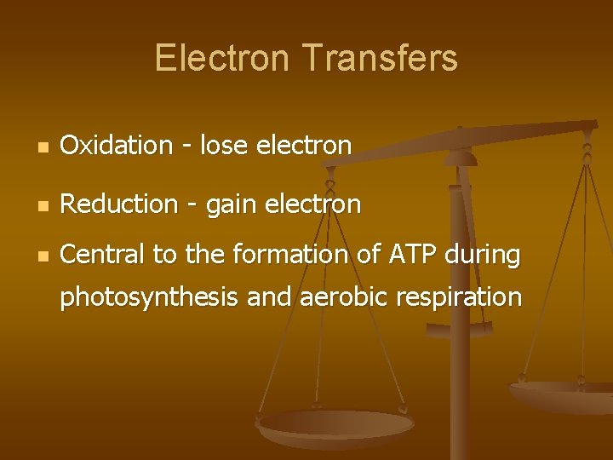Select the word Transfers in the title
pos(380,59)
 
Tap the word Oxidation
pos(117,146)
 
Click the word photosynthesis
pos(150,297)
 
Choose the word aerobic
pos(332,297)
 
